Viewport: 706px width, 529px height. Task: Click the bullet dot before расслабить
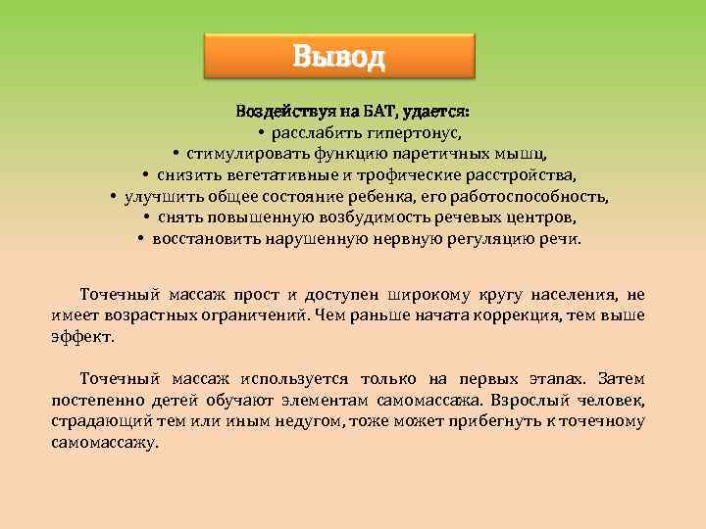coord(262,131)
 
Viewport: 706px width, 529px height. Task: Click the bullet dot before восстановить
coord(142,239)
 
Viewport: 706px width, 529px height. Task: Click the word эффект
coord(82,337)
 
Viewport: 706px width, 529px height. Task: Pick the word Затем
coord(622,379)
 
